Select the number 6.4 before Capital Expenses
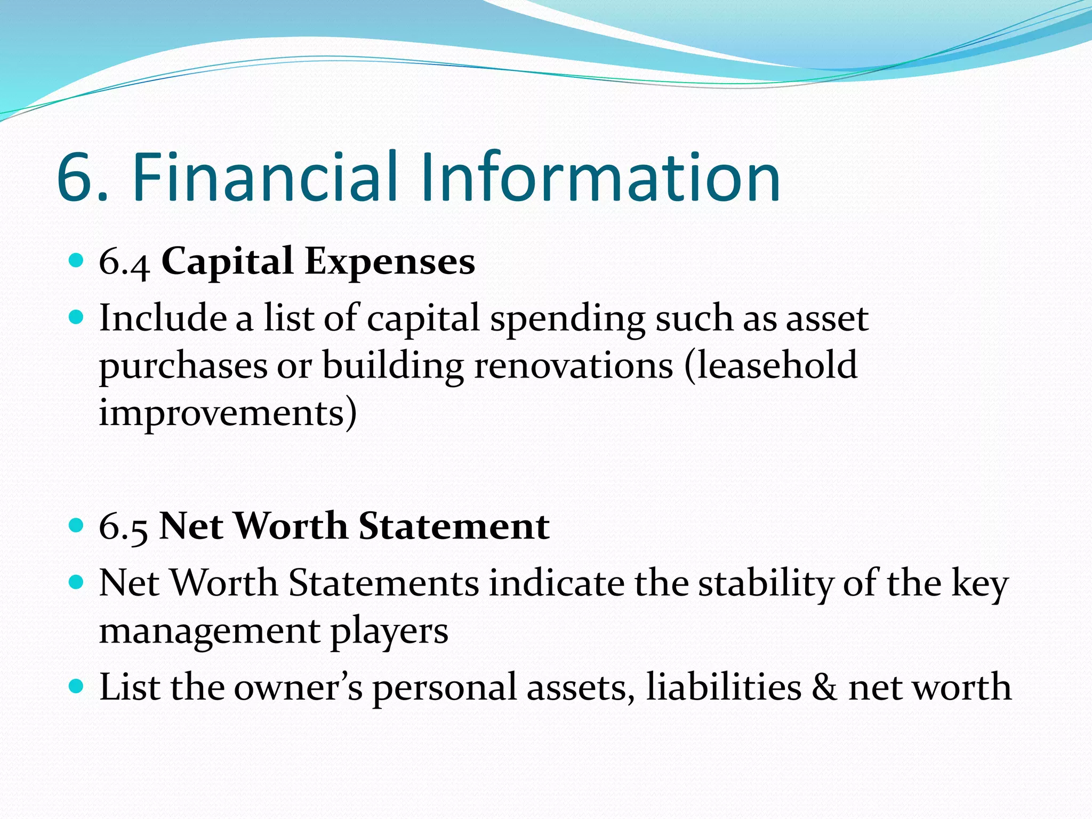pyautogui.click(x=124, y=263)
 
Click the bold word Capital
pyautogui.click(x=227, y=263)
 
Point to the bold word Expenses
pyautogui.click(x=390, y=263)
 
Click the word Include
pyautogui.click(x=163, y=318)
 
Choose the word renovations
pyautogui.click(x=574, y=366)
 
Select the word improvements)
pyautogui.click(x=228, y=414)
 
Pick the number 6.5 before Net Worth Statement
pyautogui.click(x=123, y=527)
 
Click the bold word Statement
pyautogui.click(x=454, y=527)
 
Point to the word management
pyautogui.click(x=210, y=632)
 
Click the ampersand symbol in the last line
pyautogui.click(x=824, y=687)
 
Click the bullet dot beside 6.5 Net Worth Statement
pyautogui.click(x=77, y=526)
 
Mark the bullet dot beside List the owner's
pyautogui.click(x=77, y=685)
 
